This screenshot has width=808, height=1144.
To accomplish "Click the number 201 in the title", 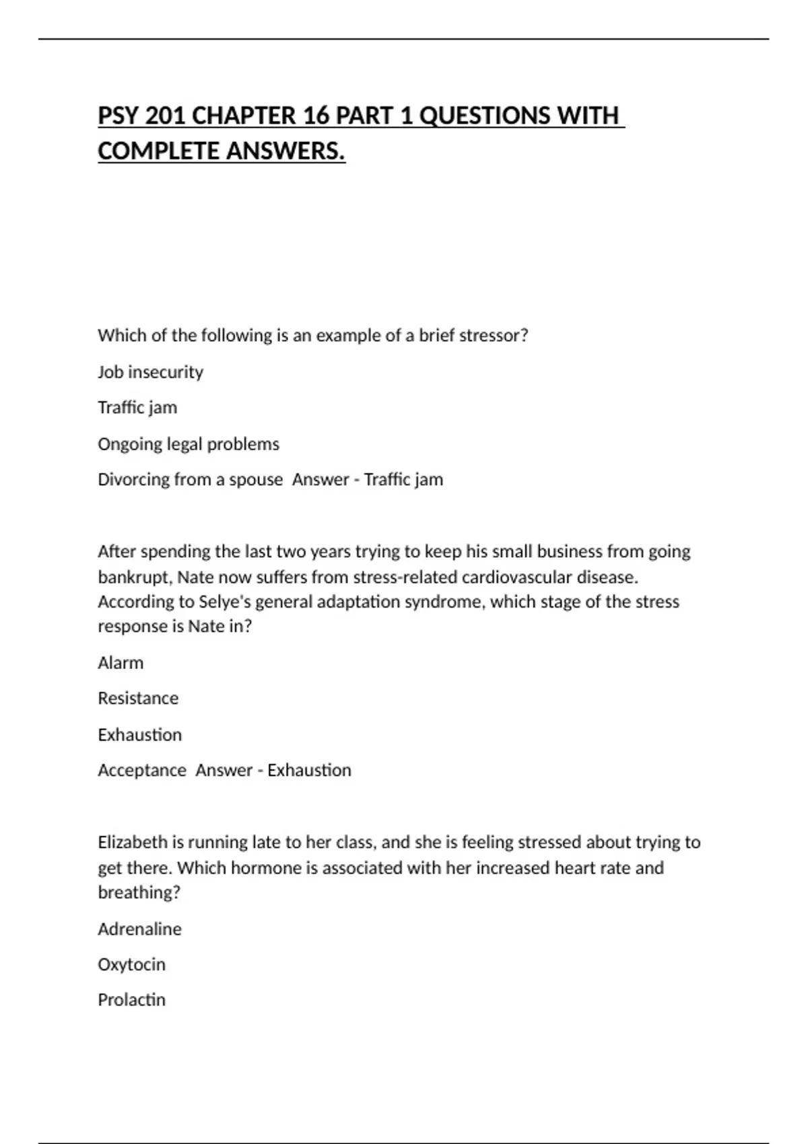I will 165,116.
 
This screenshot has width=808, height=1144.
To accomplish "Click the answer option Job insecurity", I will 150,371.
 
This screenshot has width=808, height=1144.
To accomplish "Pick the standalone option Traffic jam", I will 137,407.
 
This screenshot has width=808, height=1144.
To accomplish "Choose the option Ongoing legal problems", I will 189,443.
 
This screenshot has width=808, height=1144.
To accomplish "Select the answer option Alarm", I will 121,662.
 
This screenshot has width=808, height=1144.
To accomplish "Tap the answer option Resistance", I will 138,698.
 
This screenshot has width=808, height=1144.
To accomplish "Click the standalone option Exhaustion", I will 139,734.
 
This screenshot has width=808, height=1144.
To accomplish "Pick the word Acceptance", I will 142,770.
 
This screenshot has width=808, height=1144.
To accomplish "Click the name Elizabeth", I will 132,842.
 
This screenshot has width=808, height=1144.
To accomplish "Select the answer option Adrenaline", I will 139,929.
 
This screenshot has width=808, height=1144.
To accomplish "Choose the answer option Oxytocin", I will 131,964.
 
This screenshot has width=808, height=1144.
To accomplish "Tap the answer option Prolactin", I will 131,999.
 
